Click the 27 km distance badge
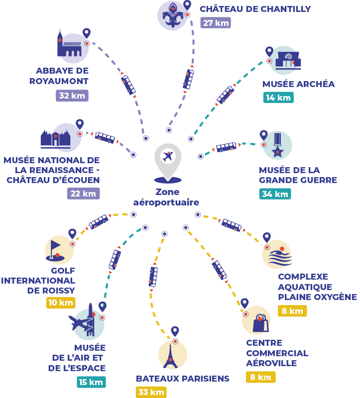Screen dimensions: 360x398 tap(216, 22)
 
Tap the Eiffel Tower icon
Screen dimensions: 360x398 tap(170, 356)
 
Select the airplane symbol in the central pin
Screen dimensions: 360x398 tap(168, 156)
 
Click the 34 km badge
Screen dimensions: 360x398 tap(275, 194)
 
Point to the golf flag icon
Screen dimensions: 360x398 tap(55, 251)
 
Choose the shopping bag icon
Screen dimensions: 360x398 tap(260, 323)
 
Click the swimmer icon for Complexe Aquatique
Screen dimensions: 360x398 tap(279, 257)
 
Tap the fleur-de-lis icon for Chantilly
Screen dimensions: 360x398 tap(172, 15)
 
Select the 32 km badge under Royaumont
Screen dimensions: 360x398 tap(72, 96)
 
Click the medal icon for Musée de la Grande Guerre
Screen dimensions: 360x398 tap(277, 145)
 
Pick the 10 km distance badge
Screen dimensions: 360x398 tap(61, 302)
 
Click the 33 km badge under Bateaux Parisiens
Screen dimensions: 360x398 tap(151, 392)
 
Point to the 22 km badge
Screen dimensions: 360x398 tap(83, 194)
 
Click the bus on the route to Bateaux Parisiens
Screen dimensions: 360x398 tap(153, 277)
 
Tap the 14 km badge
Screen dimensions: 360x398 tap(278, 98)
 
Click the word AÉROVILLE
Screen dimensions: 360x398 tap(271, 363)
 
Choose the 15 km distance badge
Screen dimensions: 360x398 tap(91, 382)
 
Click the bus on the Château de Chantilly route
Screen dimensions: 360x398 tap(189, 80)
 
